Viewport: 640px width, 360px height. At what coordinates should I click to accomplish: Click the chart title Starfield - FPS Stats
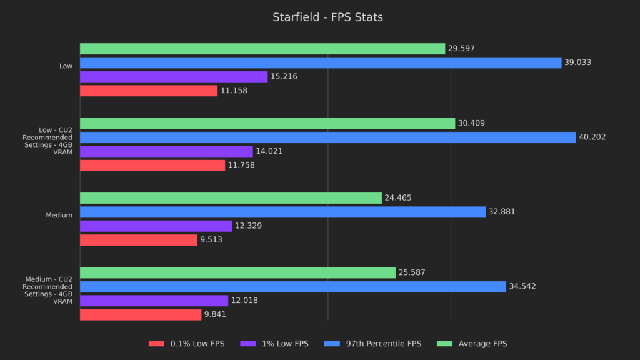click(327, 17)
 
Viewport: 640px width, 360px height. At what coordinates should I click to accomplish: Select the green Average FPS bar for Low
click(262, 49)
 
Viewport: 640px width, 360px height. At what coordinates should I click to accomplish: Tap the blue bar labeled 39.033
click(321, 62)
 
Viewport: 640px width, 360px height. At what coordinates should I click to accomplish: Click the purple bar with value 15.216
click(174, 77)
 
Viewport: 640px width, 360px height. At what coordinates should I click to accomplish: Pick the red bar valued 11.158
click(149, 91)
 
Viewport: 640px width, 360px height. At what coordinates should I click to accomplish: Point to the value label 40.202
click(592, 137)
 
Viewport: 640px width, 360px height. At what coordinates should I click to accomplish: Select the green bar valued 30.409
click(267, 124)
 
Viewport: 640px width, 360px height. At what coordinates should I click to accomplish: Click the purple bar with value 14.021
click(166, 151)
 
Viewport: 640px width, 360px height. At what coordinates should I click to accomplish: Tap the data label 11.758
click(241, 166)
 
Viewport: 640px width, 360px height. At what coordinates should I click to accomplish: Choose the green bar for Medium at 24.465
click(231, 198)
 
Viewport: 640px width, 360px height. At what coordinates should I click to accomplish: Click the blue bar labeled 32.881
click(282, 212)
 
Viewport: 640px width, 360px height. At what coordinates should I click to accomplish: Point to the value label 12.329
click(248, 226)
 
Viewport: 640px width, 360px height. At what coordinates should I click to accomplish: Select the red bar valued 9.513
click(139, 240)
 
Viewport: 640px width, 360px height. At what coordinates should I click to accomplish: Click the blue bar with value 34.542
click(292, 287)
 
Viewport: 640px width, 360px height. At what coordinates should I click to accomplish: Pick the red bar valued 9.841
click(141, 314)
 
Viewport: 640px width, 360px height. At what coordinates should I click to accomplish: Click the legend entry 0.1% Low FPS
click(187, 344)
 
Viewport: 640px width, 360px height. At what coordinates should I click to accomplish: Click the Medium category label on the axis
click(59, 216)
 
